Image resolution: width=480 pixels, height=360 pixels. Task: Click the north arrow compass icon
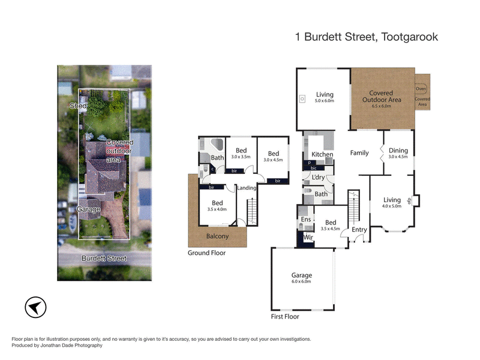tap(35, 307)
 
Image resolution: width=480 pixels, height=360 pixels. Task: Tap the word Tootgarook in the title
tap(410, 37)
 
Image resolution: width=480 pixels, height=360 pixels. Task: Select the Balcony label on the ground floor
tap(217, 236)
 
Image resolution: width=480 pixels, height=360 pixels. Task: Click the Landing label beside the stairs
tap(247, 188)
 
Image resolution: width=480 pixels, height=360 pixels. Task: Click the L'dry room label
tap(319, 178)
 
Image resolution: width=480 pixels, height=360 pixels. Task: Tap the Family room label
tap(359, 153)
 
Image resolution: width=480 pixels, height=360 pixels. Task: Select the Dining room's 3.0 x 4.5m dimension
tap(398, 157)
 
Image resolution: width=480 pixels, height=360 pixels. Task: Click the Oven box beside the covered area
tap(421, 88)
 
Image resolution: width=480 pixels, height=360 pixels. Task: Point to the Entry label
tap(359, 230)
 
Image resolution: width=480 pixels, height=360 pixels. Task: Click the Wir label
tap(309, 238)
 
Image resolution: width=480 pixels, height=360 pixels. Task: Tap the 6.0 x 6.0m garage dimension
tap(302, 281)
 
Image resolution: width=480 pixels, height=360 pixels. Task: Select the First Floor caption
tap(285, 316)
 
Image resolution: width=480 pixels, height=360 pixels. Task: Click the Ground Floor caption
tap(208, 253)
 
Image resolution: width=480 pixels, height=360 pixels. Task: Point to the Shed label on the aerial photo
tap(78, 106)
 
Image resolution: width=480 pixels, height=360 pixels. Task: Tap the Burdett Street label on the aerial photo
tap(104, 258)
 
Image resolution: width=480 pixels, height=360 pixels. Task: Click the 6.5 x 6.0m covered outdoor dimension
tap(381, 106)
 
